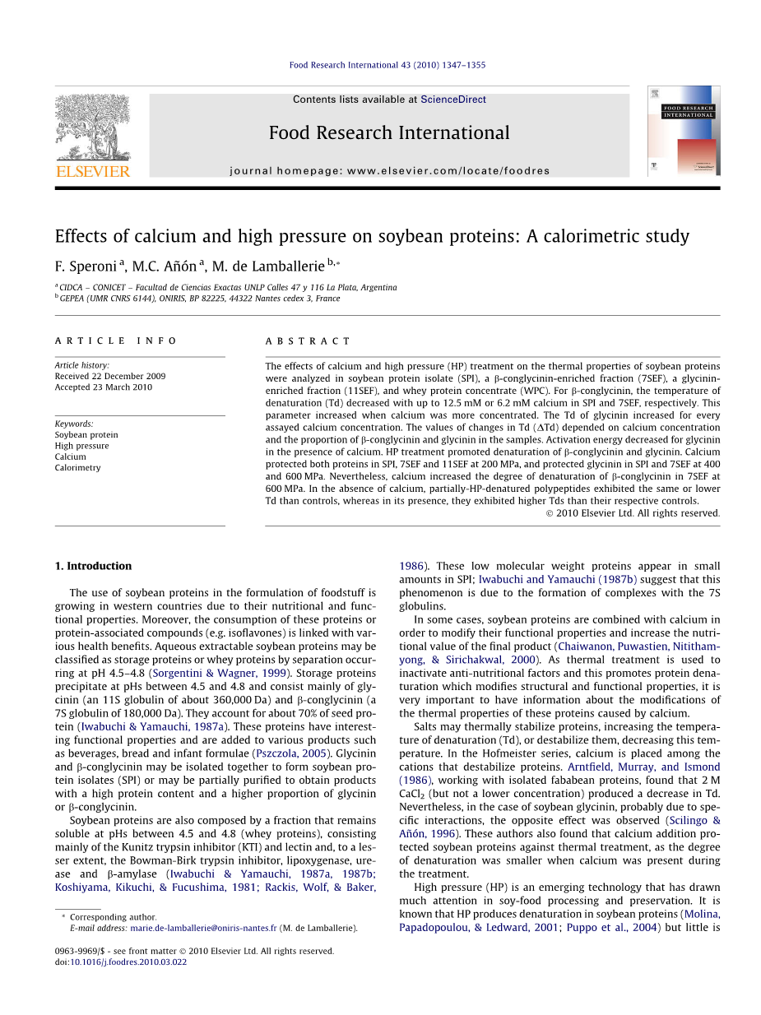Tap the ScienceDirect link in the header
pos(452,100)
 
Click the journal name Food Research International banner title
pos(389,132)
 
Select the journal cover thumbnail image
pos(683,131)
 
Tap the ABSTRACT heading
pos(308,341)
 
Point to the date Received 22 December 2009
pos(110,376)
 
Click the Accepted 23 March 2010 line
pos(104,387)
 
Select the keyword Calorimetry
pos(77,467)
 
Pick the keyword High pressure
pos(81,446)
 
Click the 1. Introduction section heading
pos(93,566)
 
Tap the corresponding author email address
pos(203,928)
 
